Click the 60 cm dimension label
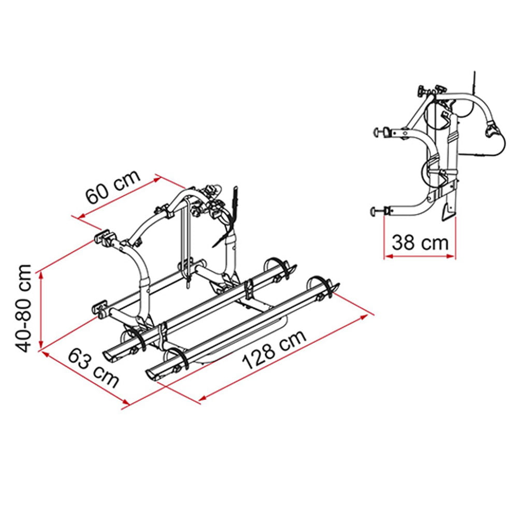pyautogui.click(x=113, y=187)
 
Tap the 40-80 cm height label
pyautogui.click(x=23, y=309)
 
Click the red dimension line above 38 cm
pyautogui.click(x=420, y=256)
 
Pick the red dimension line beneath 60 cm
pyautogui.click(x=119, y=198)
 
